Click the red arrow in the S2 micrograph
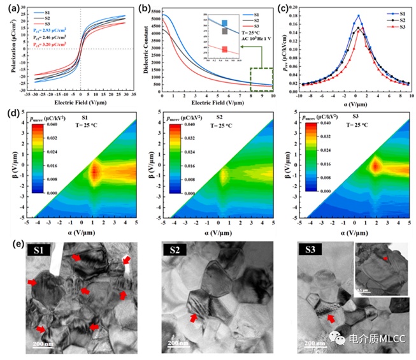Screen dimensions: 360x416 pos(192,317)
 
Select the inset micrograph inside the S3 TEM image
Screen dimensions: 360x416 pos(379,268)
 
